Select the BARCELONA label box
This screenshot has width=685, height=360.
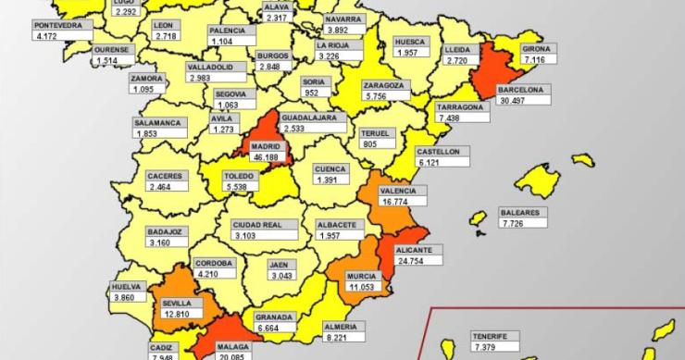point(524,90)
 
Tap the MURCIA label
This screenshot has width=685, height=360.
point(361,277)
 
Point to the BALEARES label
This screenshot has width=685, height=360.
point(519,212)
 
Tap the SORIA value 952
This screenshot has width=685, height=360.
point(312,93)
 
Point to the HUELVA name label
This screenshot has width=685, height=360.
point(129,287)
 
